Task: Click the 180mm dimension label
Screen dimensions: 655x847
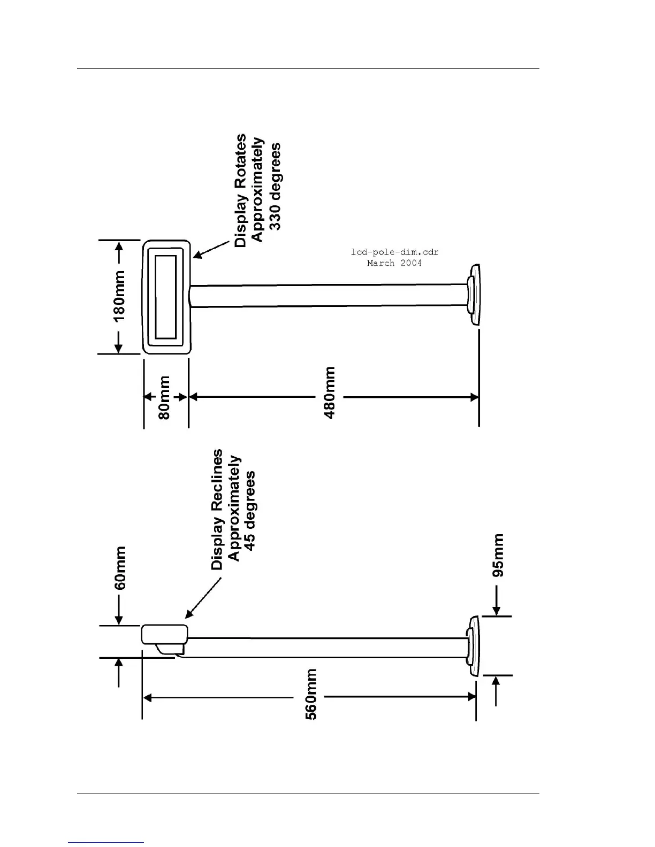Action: click(119, 296)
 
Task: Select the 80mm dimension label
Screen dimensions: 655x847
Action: click(165, 397)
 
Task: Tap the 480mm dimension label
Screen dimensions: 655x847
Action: click(330, 392)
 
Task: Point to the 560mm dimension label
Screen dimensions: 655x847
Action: click(311, 694)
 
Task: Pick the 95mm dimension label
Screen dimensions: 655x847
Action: click(498, 555)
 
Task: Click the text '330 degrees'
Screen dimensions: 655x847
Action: click(275, 186)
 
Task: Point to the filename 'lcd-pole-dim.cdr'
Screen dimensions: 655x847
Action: click(394, 252)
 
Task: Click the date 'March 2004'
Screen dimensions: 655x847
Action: click(394, 263)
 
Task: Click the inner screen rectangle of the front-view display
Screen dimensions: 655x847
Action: click(166, 297)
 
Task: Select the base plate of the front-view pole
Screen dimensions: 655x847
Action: click(474, 295)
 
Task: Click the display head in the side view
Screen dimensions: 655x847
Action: click(164, 634)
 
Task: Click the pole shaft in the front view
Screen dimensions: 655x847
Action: click(326, 296)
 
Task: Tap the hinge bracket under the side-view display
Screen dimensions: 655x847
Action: click(170, 649)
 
